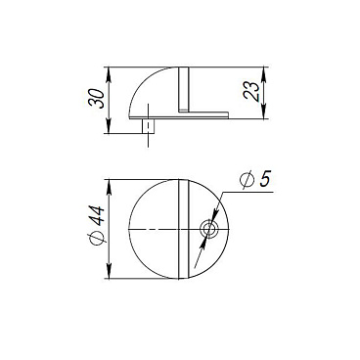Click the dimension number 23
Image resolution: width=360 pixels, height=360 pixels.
coord(251,92)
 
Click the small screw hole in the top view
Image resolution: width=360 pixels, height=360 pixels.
coord(208,229)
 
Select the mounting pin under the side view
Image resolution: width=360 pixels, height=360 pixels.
coord(149,125)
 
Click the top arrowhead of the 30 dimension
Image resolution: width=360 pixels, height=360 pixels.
coord(109,70)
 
